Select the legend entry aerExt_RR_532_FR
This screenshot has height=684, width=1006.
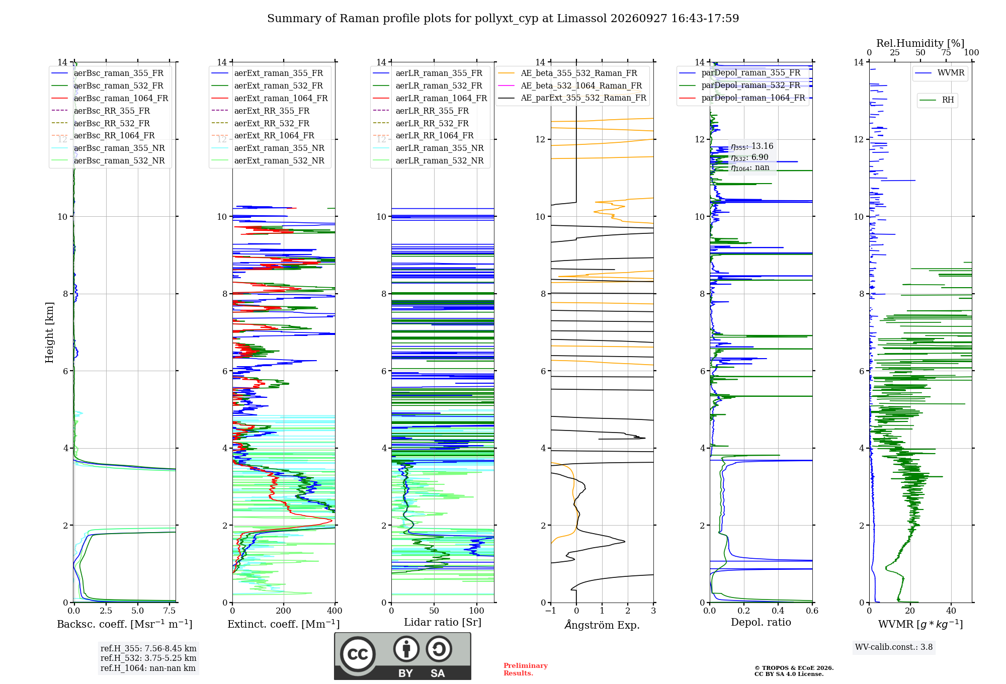(267, 123)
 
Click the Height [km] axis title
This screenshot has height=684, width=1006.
(49, 332)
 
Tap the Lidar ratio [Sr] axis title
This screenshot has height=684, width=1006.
(443, 622)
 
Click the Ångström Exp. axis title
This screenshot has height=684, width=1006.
(602, 625)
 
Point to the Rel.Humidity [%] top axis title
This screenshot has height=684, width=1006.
(920, 43)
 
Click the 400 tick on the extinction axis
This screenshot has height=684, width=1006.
(335, 611)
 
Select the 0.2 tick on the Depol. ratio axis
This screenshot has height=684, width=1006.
(744, 611)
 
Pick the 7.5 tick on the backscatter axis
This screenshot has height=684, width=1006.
(170, 611)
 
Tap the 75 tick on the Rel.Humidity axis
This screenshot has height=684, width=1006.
(946, 52)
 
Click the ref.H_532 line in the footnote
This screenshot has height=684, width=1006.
(148, 658)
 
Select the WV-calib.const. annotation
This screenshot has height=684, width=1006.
(894, 647)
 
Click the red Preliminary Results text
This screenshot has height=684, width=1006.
(526, 669)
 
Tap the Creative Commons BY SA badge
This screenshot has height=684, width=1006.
(403, 656)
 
